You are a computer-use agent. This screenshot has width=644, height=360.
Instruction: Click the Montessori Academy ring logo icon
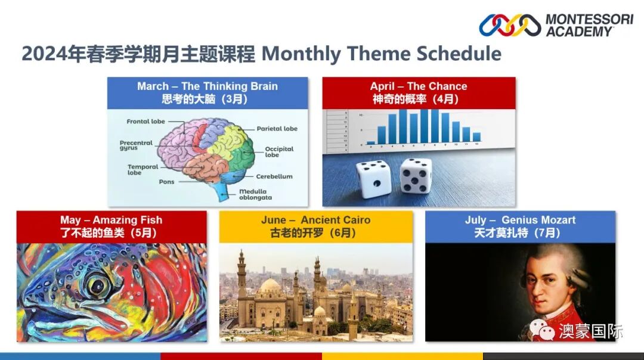(510, 25)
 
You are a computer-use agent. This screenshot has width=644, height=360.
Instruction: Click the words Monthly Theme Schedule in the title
(381, 54)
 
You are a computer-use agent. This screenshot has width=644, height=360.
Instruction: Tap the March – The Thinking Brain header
(208, 92)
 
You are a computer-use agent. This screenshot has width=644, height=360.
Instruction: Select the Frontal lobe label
(145, 122)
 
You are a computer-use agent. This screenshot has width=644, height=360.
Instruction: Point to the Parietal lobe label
(277, 129)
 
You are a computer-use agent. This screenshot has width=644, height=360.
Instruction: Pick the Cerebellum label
(274, 176)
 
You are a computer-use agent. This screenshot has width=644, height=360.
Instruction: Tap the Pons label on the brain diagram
(166, 181)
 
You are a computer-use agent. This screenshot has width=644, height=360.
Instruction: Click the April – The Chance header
(419, 92)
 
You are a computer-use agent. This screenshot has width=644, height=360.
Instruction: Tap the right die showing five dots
(416, 175)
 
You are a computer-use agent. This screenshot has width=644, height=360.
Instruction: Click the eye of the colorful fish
(95, 284)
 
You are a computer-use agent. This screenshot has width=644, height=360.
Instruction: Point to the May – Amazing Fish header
(112, 226)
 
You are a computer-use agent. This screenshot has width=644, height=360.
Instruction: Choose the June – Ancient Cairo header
(315, 226)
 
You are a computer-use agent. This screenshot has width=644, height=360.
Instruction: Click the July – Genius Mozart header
(520, 226)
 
